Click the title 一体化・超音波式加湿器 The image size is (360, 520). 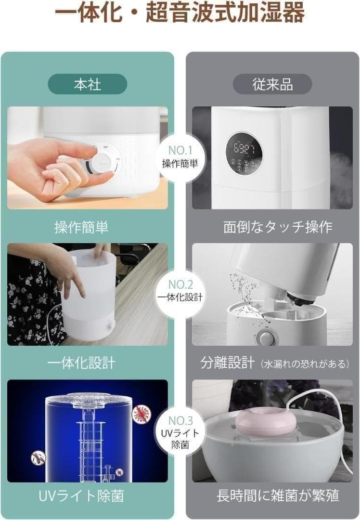point(180,13)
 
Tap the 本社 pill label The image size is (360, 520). point(88,84)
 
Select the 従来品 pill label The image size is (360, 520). point(272,84)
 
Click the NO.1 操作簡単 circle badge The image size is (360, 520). point(180,157)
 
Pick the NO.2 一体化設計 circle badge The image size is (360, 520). point(180,291)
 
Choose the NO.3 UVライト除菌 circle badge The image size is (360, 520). point(180,431)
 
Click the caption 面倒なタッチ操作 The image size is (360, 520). point(278,227)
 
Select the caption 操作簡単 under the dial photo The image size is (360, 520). point(81,227)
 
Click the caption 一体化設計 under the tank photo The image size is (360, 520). point(81,363)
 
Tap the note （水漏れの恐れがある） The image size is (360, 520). point(304,364)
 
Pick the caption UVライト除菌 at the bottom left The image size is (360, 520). point(81,496)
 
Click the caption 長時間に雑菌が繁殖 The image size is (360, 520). point(278,496)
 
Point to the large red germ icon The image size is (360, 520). point(141,414)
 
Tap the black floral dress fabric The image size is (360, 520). point(31,299)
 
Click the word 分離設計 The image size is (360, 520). point(227,363)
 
